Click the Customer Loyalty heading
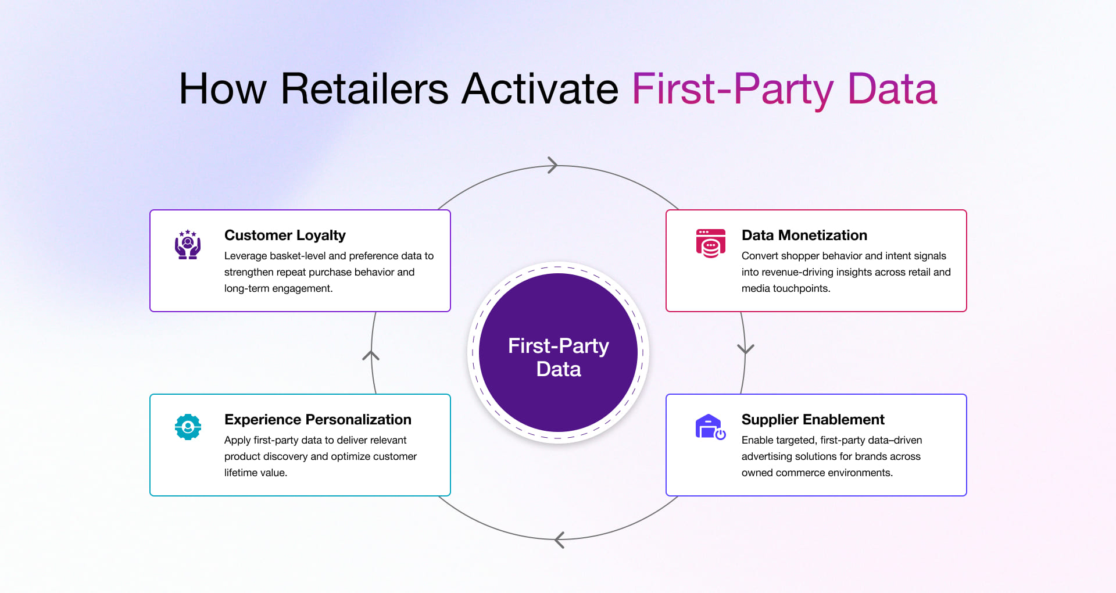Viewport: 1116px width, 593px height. pos(285,235)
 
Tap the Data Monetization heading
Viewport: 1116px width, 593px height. pos(804,235)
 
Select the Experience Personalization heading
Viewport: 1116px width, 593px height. pos(317,420)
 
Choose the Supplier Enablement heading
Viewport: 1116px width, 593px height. pos(813,420)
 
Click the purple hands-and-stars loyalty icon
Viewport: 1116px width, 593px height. pos(188,244)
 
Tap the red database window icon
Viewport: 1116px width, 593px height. pos(710,243)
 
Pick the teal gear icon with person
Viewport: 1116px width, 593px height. pos(188,427)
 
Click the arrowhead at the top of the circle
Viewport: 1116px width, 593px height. pos(552,165)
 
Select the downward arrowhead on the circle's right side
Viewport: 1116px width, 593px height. pos(745,349)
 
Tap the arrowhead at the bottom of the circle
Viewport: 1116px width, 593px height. pos(560,540)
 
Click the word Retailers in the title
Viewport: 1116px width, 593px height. pos(364,89)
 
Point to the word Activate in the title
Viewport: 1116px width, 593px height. pos(539,89)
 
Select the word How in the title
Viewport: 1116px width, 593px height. pos(223,89)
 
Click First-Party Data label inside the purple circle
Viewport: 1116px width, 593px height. pos(558,357)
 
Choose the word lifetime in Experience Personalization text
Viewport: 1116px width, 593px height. pos(241,473)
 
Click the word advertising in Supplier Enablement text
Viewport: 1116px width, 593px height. pos(766,456)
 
